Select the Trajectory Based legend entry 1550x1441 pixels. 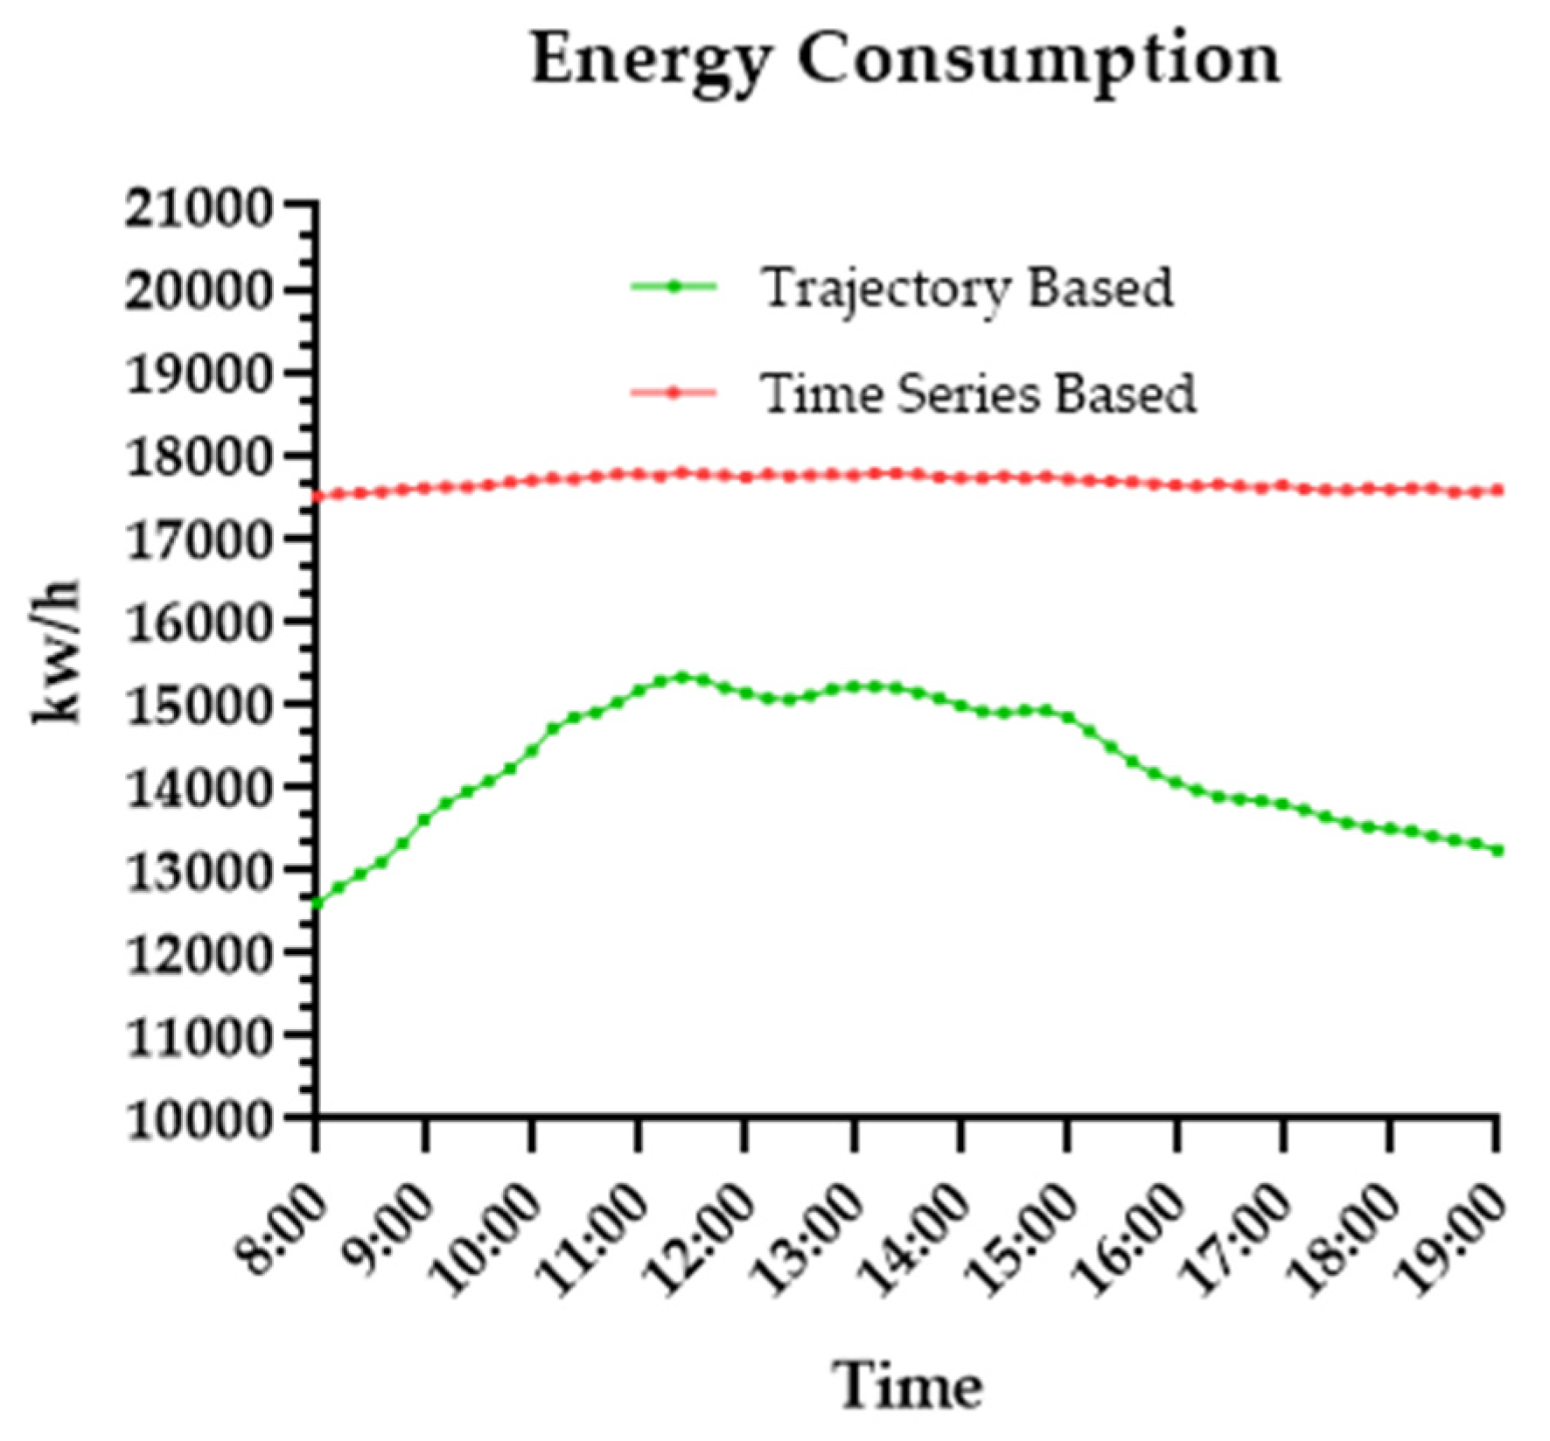coord(967,288)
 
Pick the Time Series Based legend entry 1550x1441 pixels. coord(977,393)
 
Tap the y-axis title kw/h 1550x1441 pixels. coord(58,651)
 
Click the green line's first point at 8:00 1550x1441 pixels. coord(317,903)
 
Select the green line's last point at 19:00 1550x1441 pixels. coord(1498,850)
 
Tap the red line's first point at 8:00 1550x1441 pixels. coord(317,497)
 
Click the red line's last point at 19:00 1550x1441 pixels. coord(1498,491)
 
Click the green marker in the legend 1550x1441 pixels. coord(674,287)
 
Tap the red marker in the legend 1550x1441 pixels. coord(674,393)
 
